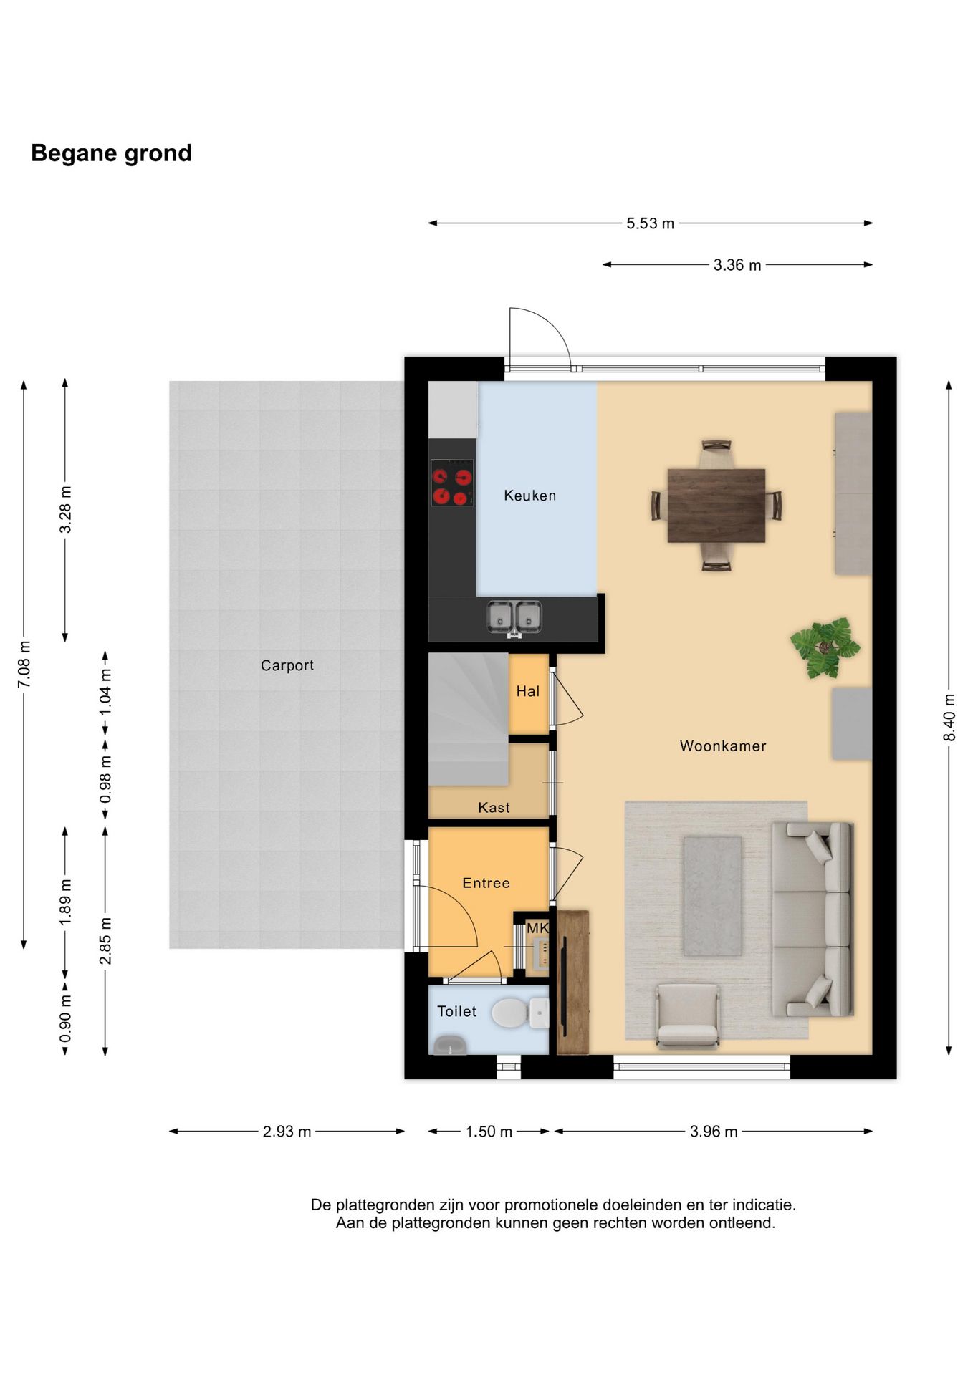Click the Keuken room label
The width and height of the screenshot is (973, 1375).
(x=529, y=496)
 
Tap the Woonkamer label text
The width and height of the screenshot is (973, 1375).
(x=723, y=746)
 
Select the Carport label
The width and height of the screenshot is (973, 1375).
(x=287, y=665)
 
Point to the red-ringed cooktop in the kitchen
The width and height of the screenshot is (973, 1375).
(x=452, y=482)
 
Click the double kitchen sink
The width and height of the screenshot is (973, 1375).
(x=514, y=617)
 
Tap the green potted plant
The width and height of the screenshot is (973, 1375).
(x=825, y=647)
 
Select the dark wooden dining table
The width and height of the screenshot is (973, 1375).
(x=716, y=506)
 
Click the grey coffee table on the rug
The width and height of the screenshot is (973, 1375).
(x=712, y=896)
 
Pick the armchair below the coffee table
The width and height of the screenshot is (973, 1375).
(x=688, y=1015)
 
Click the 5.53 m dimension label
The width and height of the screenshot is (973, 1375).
(x=650, y=223)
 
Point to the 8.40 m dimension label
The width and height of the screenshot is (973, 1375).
(x=949, y=718)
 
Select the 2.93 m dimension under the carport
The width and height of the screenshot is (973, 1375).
(x=287, y=1132)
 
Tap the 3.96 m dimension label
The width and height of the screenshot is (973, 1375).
(x=714, y=1132)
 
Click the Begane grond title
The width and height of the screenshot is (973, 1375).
(x=111, y=153)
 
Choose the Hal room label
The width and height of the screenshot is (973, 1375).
(x=528, y=691)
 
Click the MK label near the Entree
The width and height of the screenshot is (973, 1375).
(x=537, y=928)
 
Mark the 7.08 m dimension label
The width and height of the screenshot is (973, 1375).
(x=24, y=664)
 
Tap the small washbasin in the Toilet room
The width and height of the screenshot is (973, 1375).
(x=449, y=1046)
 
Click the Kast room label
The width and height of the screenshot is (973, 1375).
(x=494, y=808)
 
